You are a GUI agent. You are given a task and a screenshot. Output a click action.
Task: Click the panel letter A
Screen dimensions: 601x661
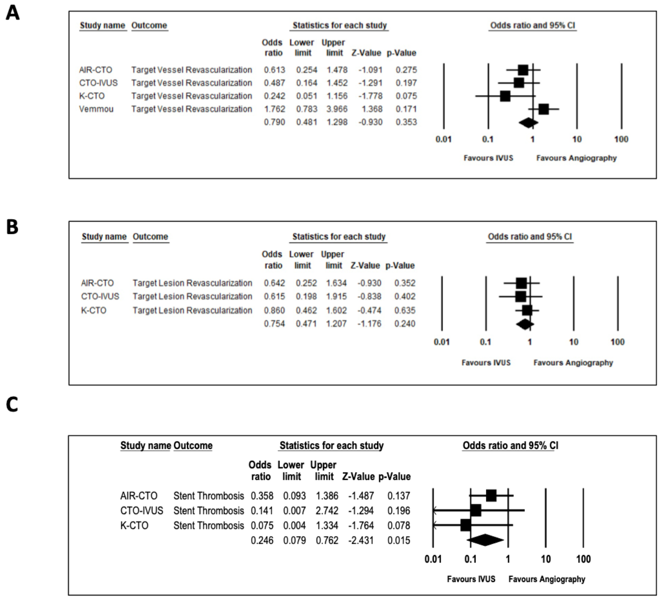12,12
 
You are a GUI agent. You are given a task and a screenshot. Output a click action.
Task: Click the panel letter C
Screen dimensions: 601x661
12,404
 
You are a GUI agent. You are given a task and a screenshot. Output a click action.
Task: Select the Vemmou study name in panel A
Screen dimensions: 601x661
96,109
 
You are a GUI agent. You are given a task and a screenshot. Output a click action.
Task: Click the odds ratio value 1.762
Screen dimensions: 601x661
275,109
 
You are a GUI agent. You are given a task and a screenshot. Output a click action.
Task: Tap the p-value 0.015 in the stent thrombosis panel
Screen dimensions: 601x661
399,540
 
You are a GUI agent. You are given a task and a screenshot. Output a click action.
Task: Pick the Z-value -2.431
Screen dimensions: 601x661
358,540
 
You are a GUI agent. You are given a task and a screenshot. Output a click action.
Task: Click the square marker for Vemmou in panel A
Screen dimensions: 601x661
543,109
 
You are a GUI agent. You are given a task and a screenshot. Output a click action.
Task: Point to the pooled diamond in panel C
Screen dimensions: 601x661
485,540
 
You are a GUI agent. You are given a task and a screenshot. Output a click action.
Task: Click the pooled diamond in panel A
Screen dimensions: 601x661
528,122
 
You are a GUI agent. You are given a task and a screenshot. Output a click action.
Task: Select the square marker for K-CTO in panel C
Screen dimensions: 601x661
466,525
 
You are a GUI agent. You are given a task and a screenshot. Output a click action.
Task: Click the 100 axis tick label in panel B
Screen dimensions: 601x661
617,342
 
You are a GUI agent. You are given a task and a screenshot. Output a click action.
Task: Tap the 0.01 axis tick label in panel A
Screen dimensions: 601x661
443,139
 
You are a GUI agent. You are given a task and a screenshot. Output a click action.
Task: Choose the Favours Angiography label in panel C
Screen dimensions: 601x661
547,579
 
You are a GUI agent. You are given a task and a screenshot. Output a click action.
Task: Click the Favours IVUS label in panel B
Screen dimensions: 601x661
486,362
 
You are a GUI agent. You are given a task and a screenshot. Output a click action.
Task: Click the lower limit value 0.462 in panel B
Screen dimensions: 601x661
306,310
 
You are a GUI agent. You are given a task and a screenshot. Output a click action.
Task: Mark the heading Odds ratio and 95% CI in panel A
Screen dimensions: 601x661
532,25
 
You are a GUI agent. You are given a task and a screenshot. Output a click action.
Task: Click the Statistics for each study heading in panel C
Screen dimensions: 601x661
331,445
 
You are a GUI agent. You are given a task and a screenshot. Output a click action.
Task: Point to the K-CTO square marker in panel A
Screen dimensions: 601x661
505,96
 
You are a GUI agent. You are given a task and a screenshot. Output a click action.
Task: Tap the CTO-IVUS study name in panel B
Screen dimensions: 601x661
100,296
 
